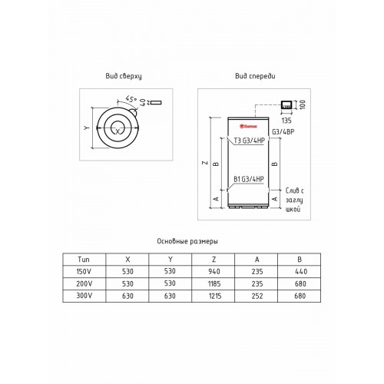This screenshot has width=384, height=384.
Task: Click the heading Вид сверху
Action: click(124, 77)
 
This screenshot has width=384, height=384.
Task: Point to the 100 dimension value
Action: click(303, 103)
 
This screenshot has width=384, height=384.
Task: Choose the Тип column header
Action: click(84, 260)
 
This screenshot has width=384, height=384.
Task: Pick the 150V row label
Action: click(84, 271)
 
